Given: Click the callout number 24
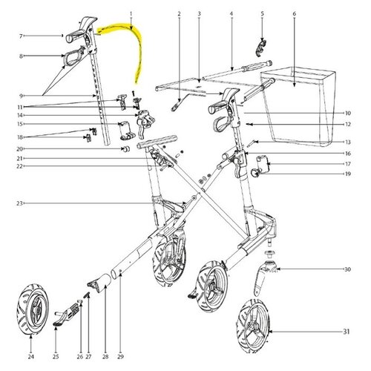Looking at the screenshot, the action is tap(30, 357).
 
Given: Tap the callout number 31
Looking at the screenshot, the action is tap(347, 331).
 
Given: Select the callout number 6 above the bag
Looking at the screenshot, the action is tap(295, 14).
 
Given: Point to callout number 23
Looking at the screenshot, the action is tap(19, 203).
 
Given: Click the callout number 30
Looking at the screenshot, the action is tap(347, 269).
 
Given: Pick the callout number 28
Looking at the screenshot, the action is tap(105, 357).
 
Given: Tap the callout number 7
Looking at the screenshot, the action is tap(21, 36).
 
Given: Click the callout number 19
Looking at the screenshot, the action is tap(348, 174).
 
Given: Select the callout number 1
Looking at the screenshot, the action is tap(131, 14).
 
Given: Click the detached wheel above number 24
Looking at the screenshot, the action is tap(33, 309).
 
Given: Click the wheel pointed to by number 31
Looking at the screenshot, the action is tap(253, 326).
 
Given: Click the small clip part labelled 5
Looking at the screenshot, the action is tap(260, 47).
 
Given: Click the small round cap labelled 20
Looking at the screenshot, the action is tap(126, 149).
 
